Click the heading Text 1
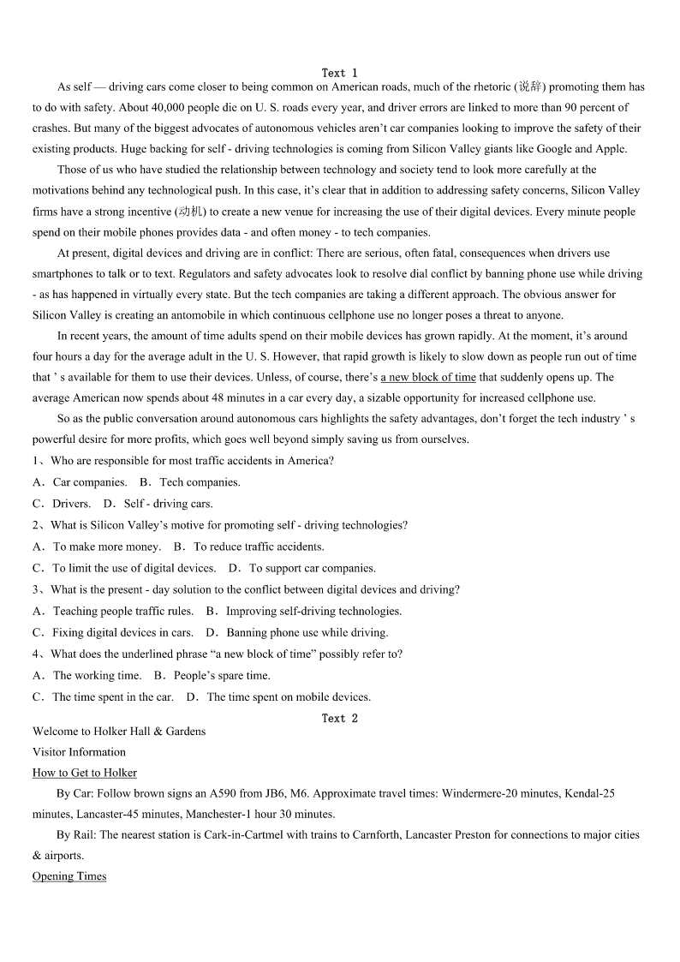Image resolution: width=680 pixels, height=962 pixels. click(x=340, y=73)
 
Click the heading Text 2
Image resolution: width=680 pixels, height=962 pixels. click(x=340, y=718)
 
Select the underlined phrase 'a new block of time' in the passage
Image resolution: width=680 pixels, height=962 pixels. click(x=428, y=377)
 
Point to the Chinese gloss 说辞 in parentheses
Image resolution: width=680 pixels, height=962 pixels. click(x=531, y=87)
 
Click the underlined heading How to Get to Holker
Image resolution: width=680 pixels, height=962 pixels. click(x=85, y=773)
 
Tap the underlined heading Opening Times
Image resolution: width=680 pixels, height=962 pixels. click(x=69, y=876)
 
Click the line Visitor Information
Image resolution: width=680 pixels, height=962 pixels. click(x=79, y=752)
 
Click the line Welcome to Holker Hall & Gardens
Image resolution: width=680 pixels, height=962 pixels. click(x=119, y=731)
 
